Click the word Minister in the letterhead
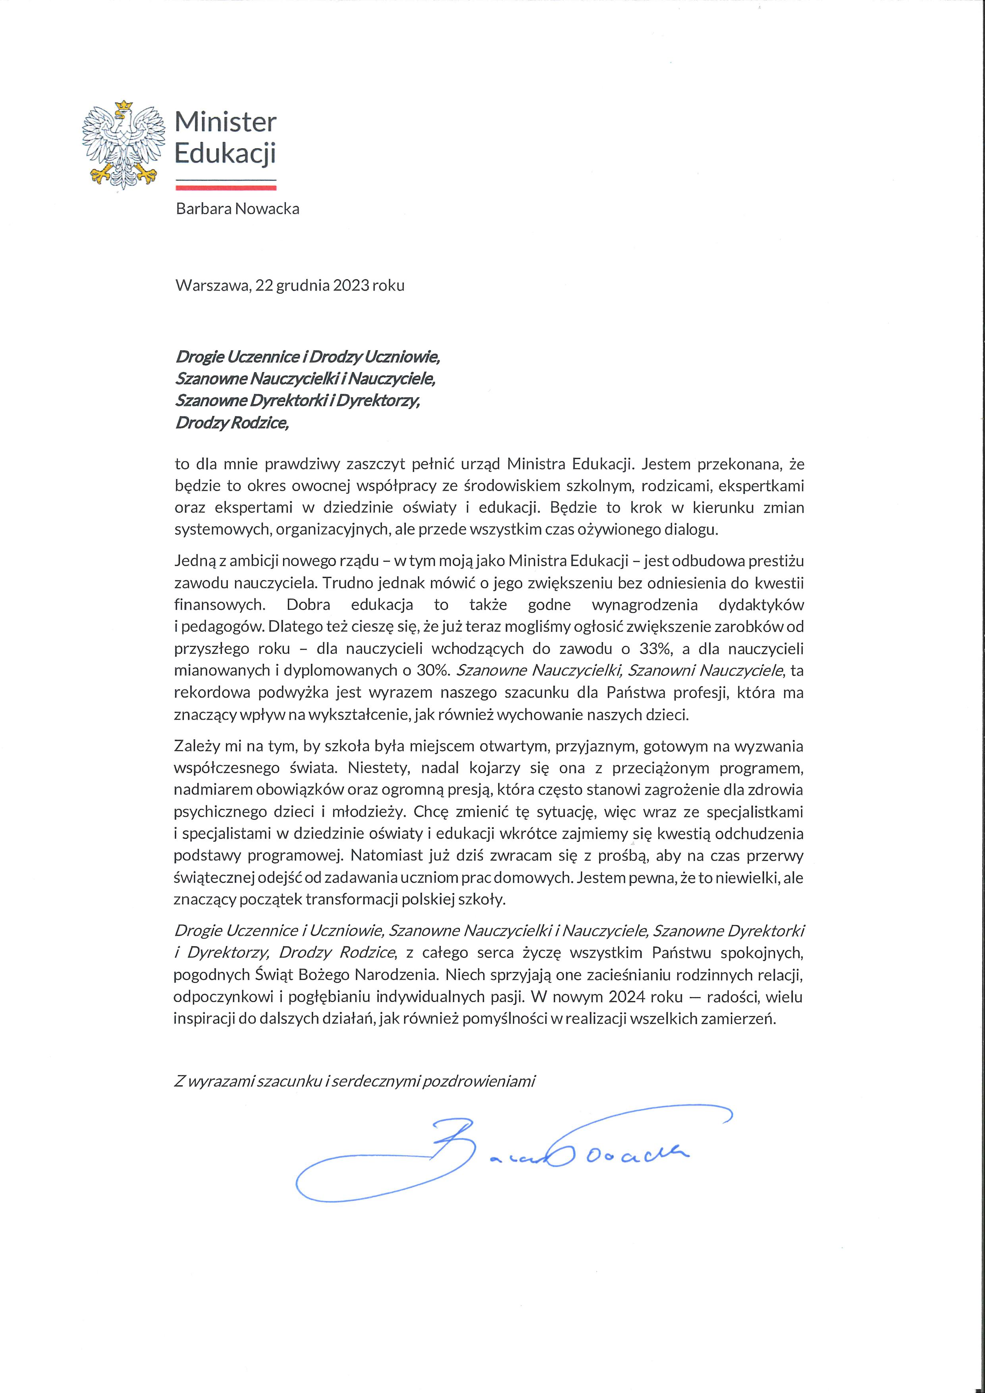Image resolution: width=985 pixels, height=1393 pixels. click(x=225, y=123)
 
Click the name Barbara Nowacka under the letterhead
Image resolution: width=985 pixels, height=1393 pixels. click(x=237, y=209)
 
